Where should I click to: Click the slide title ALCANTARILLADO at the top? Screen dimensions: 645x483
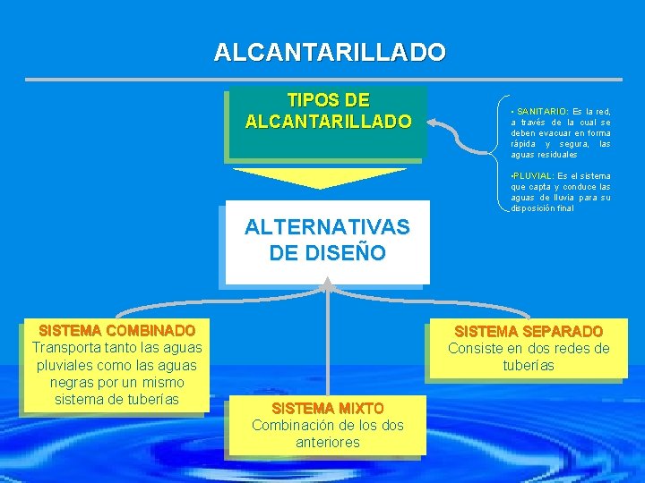tap(329, 52)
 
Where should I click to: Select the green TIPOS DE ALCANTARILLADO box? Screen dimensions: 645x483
tap(328, 121)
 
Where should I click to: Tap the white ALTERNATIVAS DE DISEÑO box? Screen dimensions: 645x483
tap(328, 241)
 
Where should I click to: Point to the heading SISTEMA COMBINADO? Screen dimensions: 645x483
tap(117, 331)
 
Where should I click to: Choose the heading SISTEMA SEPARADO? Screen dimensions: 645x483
tap(529, 332)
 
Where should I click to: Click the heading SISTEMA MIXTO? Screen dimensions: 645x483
tap(328, 409)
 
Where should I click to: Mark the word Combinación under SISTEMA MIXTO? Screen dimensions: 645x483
tap(292, 425)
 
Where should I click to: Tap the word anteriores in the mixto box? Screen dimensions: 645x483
tap(328, 442)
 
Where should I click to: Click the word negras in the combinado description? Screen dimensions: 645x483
tap(64, 382)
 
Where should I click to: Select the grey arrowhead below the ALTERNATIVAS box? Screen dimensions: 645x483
tap(328, 284)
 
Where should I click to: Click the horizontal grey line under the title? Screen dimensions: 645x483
tap(329, 80)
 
